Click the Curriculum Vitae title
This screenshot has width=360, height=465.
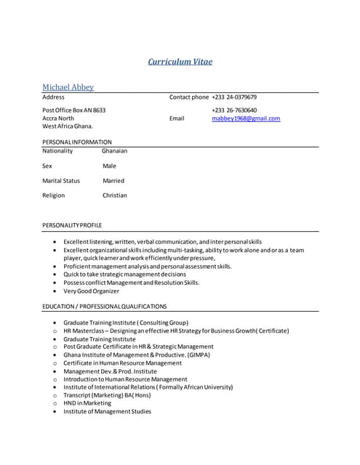click(x=180, y=62)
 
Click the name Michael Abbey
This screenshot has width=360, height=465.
click(x=68, y=87)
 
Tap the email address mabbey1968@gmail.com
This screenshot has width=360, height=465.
click(x=246, y=118)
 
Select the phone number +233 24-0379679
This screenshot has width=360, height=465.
click(x=234, y=97)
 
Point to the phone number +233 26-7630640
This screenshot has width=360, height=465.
click(x=234, y=110)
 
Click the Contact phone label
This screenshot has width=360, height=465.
click(x=189, y=97)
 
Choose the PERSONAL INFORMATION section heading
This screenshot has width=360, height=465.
click(x=77, y=142)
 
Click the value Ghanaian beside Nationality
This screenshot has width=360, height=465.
click(x=115, y=151)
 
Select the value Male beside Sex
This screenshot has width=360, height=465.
click(x=109, y=166)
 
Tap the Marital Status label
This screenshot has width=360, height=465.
click(x=61, y=181)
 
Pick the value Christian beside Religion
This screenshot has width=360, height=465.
click(x=115, y=195)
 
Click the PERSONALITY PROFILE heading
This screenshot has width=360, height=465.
click(x=72, y=225)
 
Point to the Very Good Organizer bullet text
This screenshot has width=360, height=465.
click(x=91, y=291)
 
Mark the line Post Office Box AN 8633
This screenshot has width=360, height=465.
click(x=74, y=110)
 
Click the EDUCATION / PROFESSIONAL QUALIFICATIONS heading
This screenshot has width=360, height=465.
click(x=105, y=307)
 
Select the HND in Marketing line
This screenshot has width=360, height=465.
click(x=87, y=403)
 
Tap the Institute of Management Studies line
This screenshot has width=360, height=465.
click(x=107, y=412)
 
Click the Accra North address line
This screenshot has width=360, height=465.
click(x=58, y=118)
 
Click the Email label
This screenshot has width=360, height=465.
click(x=177, y=118)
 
